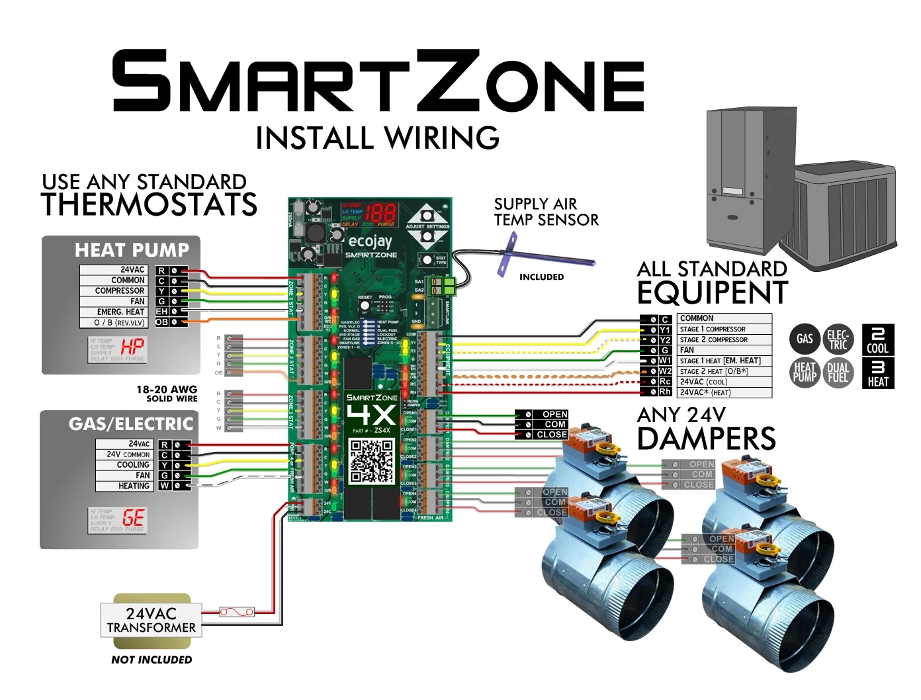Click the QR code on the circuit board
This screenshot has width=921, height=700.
[371, 460]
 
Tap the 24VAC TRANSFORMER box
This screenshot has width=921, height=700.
[151, 620]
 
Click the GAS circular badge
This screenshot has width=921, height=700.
[805, 339]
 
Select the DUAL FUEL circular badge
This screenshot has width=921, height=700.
[838, 372]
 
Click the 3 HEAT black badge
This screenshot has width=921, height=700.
[878, 373]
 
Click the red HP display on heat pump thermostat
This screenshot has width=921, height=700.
[132, 347]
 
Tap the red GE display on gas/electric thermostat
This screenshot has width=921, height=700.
[133, 518]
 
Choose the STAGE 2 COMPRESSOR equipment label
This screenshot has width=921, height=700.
[714, 339]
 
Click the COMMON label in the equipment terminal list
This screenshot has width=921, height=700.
[697, 318]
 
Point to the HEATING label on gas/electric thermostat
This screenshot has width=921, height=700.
[134, 486]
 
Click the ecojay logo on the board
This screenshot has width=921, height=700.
[370, 241]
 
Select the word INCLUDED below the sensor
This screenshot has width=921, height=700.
[541, 277]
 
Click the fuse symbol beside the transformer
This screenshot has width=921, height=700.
[236, 612]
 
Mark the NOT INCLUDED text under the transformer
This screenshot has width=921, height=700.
[152, 660]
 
